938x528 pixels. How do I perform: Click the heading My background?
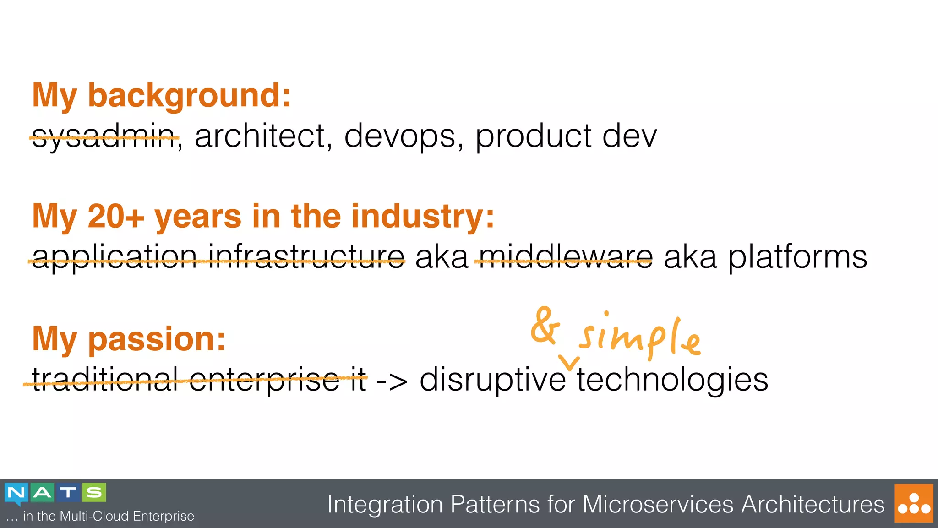(162, 95)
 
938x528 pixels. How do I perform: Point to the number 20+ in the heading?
(115, 216)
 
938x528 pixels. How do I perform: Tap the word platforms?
(797, 257)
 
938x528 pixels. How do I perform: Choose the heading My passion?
(129, 339)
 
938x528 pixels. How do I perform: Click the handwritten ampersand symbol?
(545, 326)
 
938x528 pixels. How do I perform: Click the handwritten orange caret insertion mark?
(570, 363)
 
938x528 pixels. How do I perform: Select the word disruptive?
(492, 380)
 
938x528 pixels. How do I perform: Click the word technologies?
(672, 380)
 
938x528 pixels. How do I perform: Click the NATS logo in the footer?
(55, 494)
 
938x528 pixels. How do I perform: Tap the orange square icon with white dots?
(914, 503)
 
